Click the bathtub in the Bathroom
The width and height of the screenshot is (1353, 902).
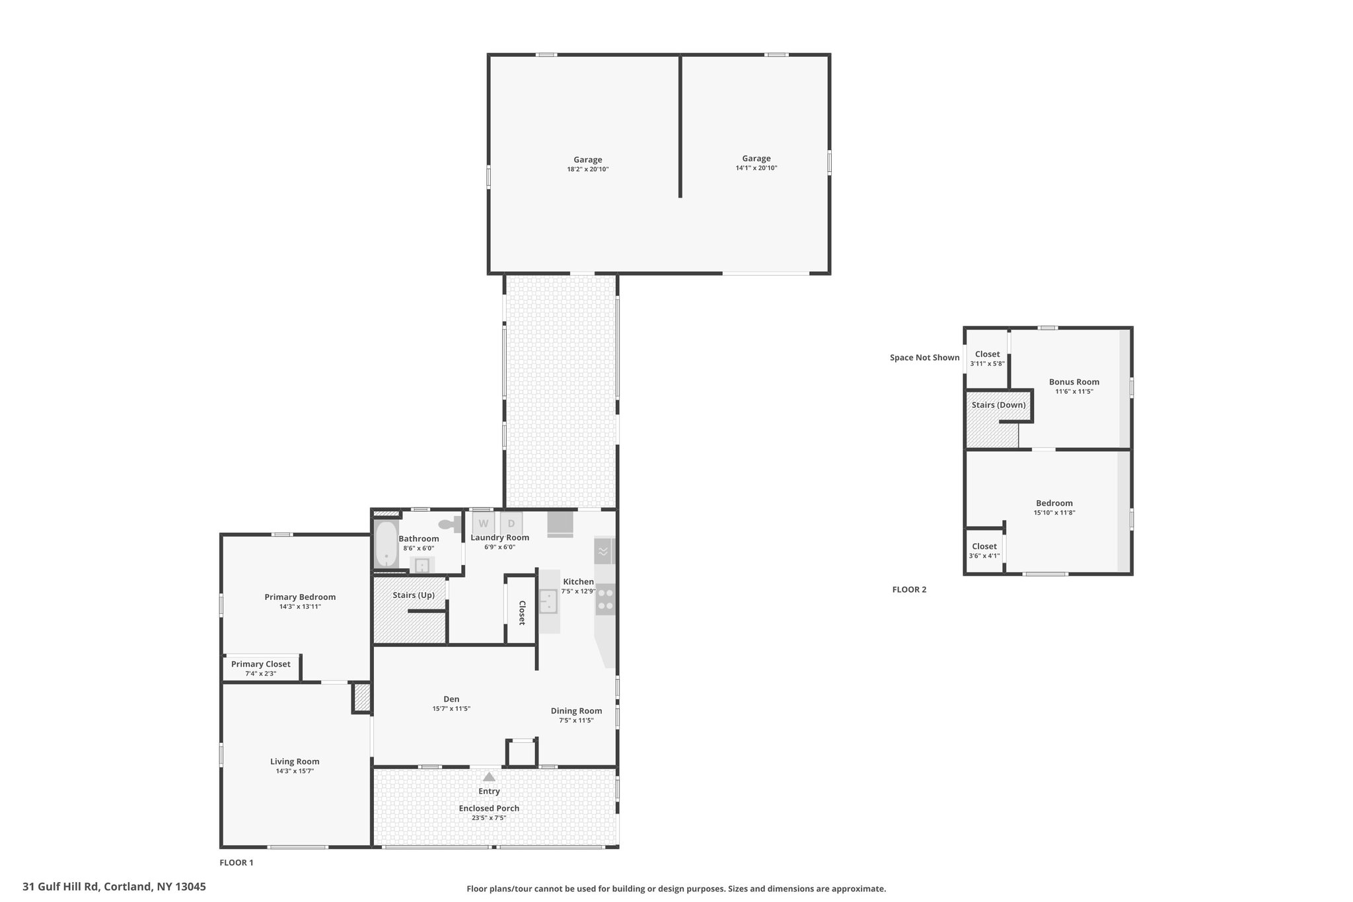coord(386,545)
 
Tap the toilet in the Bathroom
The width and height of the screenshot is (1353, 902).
coord(453,524)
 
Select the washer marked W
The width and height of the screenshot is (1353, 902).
coord(484,523)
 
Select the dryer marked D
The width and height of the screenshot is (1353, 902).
coord(511,523)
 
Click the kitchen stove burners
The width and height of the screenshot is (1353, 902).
coord(605,599)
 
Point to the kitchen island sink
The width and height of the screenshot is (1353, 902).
coord(548,601)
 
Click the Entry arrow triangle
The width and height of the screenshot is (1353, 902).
coord(489,776)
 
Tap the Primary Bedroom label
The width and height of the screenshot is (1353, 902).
coord(300,597)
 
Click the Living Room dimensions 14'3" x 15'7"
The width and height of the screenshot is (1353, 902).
coord(295,770)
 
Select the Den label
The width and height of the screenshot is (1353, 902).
coord(451,698)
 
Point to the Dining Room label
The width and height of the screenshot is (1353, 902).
coord(576,711)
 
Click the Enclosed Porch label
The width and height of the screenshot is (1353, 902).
coord(489,808)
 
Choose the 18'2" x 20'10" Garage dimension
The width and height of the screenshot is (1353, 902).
coord(587,169)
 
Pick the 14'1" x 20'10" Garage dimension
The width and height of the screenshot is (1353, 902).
coord(756,168)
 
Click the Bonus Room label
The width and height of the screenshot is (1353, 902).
coord(1074,381)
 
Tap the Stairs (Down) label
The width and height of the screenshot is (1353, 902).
coord(998,405)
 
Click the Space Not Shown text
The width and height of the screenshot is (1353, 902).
coord(924,357)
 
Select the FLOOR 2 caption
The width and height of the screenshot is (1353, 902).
coord(909,589)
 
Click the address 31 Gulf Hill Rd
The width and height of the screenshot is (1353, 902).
coord(61,887)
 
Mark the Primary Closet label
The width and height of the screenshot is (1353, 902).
coord(260,664)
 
